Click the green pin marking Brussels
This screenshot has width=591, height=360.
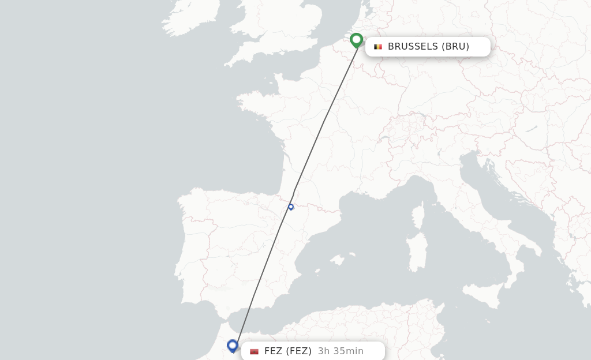point(357,40)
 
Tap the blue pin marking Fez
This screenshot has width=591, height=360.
point(233,345)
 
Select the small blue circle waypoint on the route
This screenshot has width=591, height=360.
point(291,207)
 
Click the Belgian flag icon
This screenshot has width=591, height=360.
point(378,47)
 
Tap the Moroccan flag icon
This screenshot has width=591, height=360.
point(254,351)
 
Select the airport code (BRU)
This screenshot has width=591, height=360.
point(455,47)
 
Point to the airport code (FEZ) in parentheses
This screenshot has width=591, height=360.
point(299,351)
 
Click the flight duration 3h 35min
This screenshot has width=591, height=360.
point(341,351)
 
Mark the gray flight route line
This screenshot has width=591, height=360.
point(323,121)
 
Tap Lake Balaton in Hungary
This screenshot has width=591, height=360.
point(532,129)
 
